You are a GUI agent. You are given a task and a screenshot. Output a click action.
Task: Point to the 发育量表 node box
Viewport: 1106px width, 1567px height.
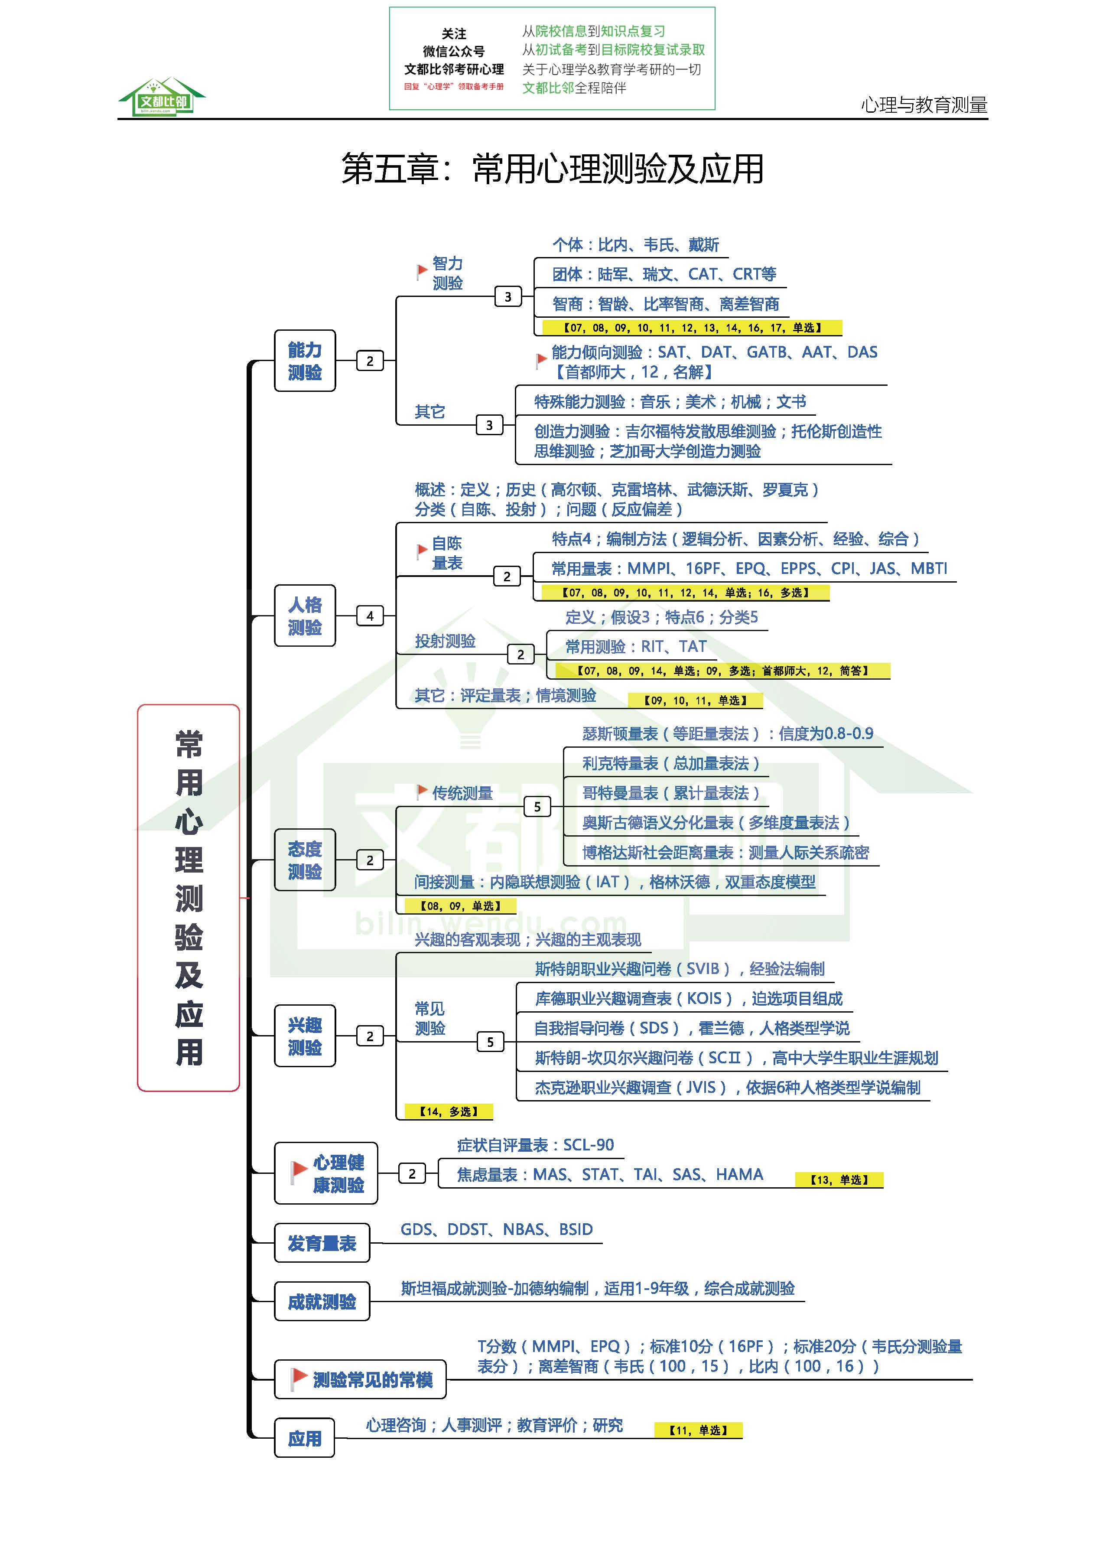(x=322, y=1243)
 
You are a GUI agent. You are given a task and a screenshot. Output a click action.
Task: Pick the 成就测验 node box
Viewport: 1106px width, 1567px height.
(x=322, y=1302)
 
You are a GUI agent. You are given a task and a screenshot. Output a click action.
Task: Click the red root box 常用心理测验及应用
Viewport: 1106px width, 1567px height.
(x=189, y=897)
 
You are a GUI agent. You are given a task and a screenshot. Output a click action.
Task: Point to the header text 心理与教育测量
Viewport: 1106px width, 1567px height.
(x=924, y=105)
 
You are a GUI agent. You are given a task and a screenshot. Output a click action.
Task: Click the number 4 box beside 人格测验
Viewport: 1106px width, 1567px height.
(x=370, y=616)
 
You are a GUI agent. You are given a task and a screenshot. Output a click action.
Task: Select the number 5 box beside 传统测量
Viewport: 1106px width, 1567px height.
(x=537, y=807)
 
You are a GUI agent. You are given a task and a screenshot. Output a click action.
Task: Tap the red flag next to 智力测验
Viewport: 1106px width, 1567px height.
(x=422, y=272)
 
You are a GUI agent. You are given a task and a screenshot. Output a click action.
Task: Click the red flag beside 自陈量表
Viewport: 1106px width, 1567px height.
(x=422, y=551)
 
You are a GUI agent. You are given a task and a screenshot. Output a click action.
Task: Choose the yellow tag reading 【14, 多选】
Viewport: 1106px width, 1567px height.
(x=448, y=1112)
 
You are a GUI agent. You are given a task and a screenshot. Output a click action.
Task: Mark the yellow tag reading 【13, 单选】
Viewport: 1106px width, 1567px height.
(x=839, y=1179)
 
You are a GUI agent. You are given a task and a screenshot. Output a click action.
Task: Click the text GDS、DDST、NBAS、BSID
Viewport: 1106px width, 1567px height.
(x=496, y=1229)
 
